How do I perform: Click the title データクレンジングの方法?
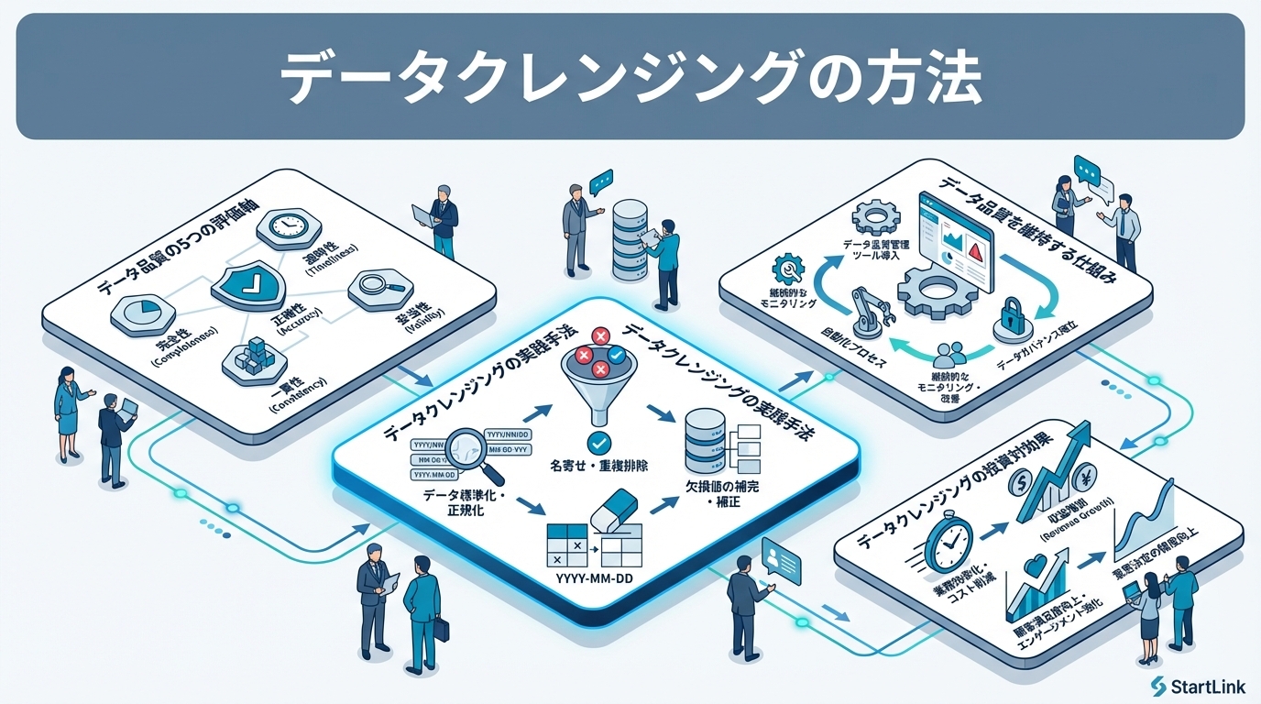pyautogui.click(x=630, y=77)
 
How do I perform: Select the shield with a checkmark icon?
pyautogui.click(x=249, y=282)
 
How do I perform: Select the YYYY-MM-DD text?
pyautogui.click(x=597, y=577)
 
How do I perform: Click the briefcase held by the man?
pyautogui.click(x=441, y=630)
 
